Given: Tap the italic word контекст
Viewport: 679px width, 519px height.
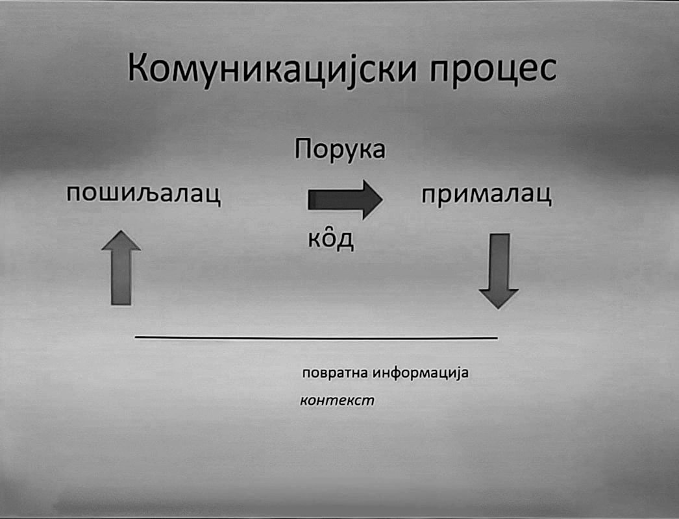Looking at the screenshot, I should coord(338,400).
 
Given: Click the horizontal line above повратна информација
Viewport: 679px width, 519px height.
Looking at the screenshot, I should coord(316,337).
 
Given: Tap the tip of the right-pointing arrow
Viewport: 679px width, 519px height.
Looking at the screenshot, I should coord(382,199).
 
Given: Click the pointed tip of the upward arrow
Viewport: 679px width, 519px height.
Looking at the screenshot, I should coord(121,232).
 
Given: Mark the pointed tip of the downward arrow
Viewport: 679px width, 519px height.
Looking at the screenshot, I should coord(499,308).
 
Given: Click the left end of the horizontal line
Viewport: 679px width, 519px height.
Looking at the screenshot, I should coord(136,337).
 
